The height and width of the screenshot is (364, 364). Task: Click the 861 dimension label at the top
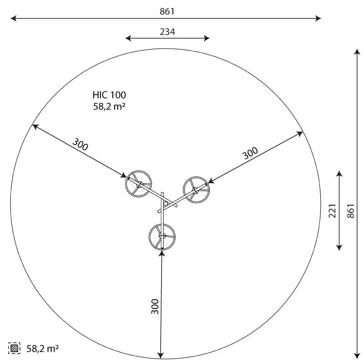pyautogui.click(x=167, y=11)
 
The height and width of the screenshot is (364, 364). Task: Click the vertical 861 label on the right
pyautogui.click(x=350, y=210)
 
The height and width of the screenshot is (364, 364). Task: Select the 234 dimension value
pyautogui.click(x=167, y=31)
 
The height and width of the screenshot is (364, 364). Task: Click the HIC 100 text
pyautogui.click(x=109, y=95)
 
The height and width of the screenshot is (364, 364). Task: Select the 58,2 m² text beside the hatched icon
pyautogui.click(x=42, y=349)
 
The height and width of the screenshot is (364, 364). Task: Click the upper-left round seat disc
pyautogui.click(x=138, y=184)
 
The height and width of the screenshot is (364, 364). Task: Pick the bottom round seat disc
pyautogui.click(x=162, y=236)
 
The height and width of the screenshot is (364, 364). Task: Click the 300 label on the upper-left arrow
pyautogui.click(x=81, y=146)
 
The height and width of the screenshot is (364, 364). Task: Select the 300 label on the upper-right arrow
pyautogui.click(x=250, y=153)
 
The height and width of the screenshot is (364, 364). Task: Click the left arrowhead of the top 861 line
pyautogui.click(x=13, y=18)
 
